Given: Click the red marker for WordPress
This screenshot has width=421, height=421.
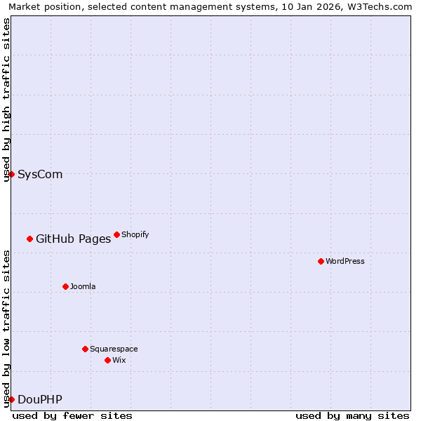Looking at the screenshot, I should (x=321, y=261).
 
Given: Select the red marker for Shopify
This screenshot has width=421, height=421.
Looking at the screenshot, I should (x=116, y=234).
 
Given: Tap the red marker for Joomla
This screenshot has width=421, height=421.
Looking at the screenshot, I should (x=65, y=286).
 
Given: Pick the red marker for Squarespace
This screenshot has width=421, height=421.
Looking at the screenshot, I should (x=85, y=349).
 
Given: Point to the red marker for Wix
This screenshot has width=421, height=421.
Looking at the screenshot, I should (x=107, y=360).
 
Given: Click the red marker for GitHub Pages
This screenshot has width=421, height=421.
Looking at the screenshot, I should (x=29, y=239).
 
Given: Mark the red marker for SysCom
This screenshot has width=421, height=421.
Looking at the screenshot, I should (x=11, y=174).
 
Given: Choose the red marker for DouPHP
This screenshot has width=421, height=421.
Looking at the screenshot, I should (x=11, y=399).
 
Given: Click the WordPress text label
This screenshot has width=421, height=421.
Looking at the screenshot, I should (x=345, y=261).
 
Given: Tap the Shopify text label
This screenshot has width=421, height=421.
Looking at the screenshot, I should (x=135, y=234).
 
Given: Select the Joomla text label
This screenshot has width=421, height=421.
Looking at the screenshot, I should (x=83, y=286).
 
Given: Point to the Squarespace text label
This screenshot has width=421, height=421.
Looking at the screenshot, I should (x=114, y=349).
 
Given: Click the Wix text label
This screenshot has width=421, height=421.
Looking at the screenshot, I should (x=119, y=360).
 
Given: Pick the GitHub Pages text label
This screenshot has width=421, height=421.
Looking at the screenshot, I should (x=73, y=239).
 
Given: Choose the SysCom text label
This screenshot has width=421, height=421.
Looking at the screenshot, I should (x=40, y=174).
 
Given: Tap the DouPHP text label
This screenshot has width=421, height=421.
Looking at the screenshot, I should (x=39, y=399).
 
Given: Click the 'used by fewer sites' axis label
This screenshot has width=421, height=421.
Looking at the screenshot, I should (x=72, y=415).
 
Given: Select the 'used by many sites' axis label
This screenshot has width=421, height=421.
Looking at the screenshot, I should (x=352, y=415).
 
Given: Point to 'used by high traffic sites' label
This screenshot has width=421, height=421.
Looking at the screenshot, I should (x=6, y=100).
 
